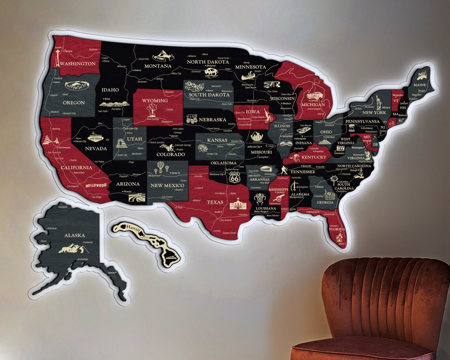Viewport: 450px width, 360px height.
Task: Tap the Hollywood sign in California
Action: (96, 185)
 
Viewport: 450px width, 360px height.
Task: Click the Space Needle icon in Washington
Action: (58, 58)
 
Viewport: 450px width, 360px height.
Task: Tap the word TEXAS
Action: (215, 202)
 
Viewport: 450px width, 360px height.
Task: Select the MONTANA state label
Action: (158, 66)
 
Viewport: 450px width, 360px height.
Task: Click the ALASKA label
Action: (75, 236)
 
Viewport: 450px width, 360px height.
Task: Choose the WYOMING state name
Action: (155, 100)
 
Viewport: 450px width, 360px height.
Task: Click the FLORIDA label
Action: (337, 229)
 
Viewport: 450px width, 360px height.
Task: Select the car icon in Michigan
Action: (316, 96)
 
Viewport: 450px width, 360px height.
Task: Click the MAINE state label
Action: (420, 85)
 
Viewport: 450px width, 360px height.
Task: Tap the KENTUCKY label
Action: (315, 157)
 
